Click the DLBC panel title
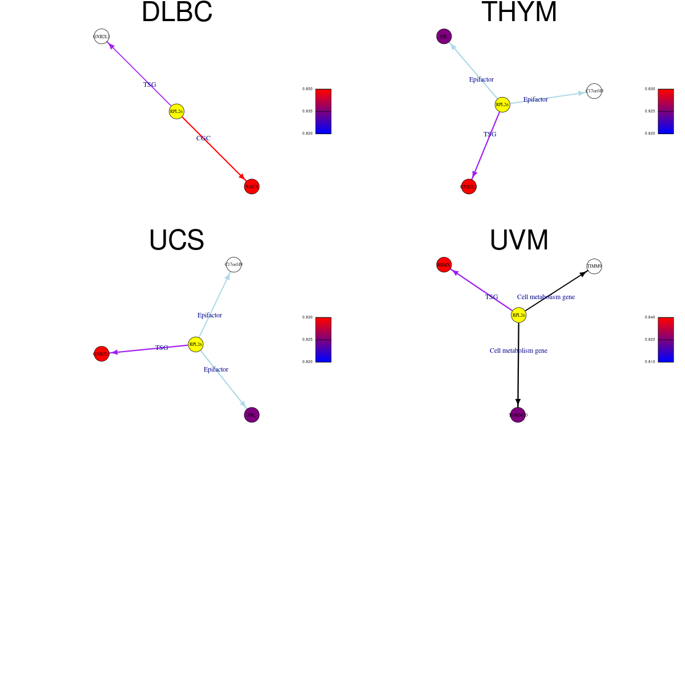coord(177,13)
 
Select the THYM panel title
coord(519,13)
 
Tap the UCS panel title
coord(176,240)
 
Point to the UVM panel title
coord(519,240)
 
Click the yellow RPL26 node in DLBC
coord(176,111)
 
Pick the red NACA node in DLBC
coord(252,187)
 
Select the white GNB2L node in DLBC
coord(101,37)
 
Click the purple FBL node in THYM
coord(444,37)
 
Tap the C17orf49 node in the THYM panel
coord(594,91)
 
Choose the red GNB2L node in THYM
coord(469,187)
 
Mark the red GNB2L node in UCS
coord(101,354)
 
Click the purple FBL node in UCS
coord(252,415)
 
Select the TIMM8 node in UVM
coord(594,266)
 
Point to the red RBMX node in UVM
coord(444,265)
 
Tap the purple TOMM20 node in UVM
coord(518,415)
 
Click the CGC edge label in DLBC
coord(203,138)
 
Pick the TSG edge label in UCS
coord(162,348)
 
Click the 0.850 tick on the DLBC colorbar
coord(308,89)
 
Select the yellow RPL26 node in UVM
coord(518,315)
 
